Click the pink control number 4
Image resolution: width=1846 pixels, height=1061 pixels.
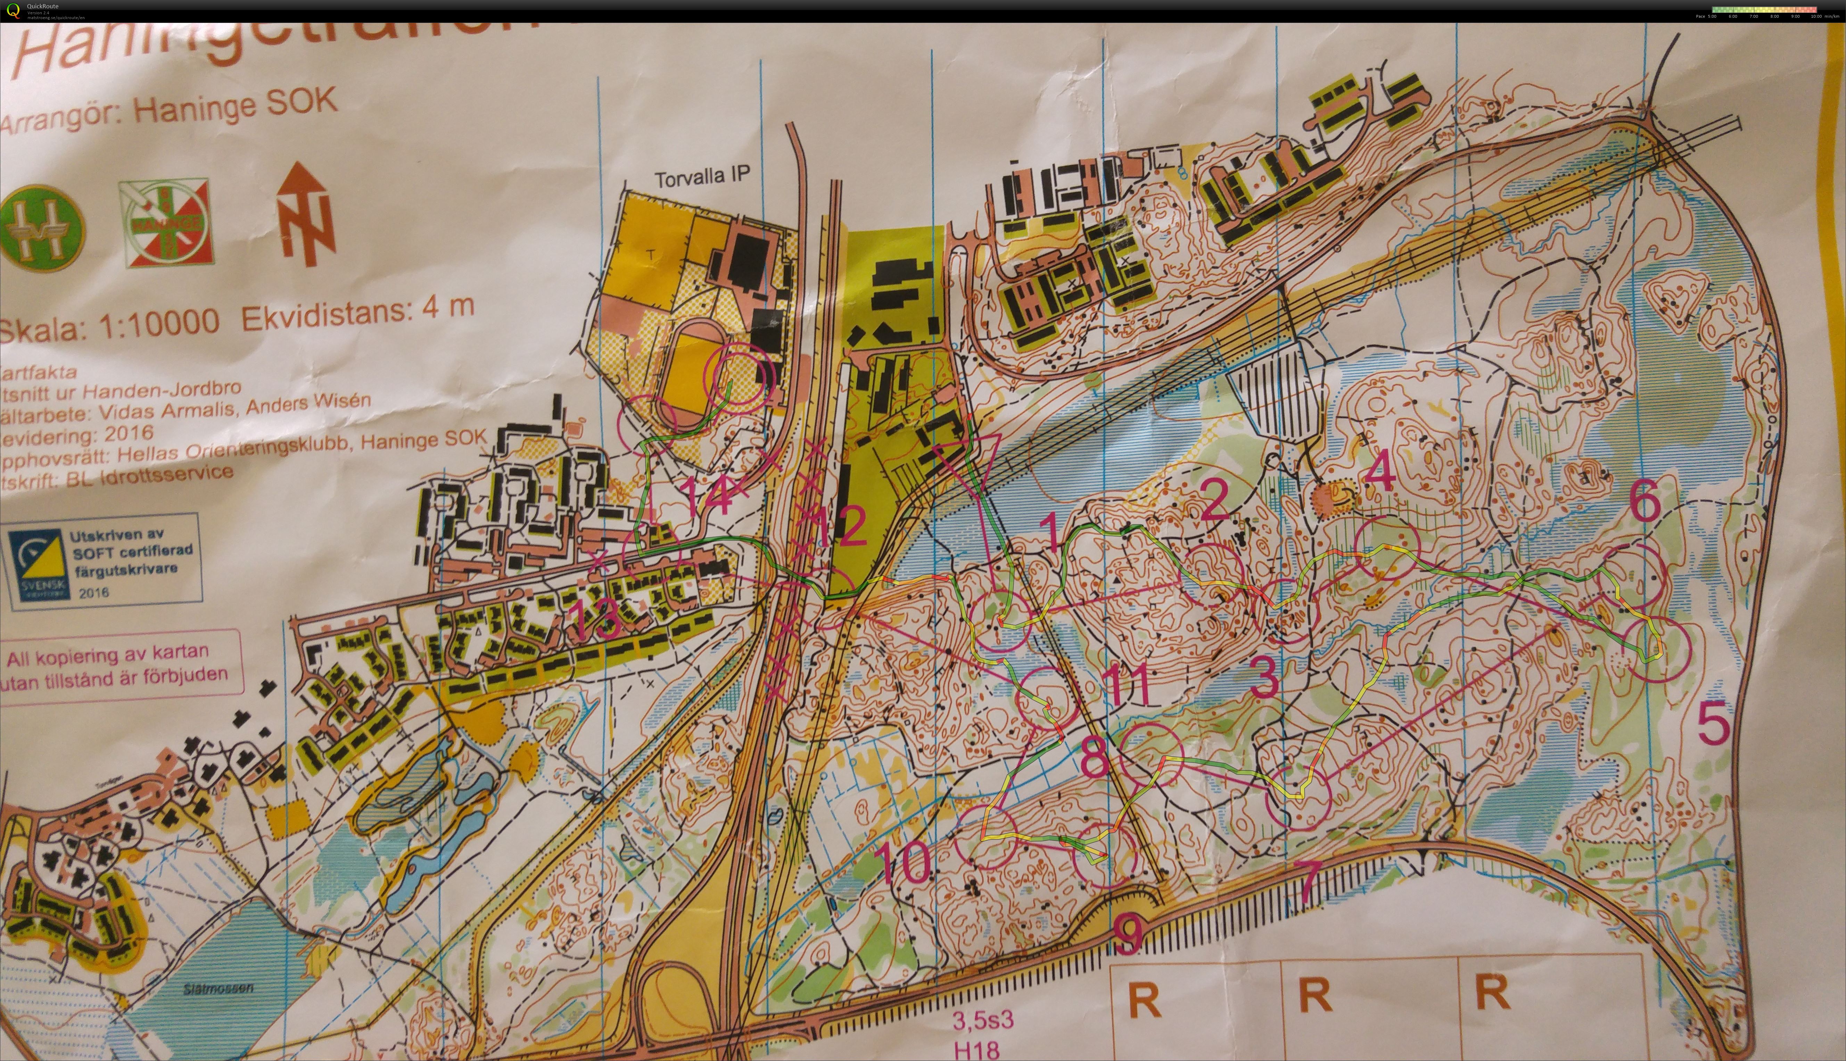[1379, 472]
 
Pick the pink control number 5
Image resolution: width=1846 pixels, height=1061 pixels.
[1713, 724]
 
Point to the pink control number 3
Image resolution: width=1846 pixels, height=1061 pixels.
[1264, 676]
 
